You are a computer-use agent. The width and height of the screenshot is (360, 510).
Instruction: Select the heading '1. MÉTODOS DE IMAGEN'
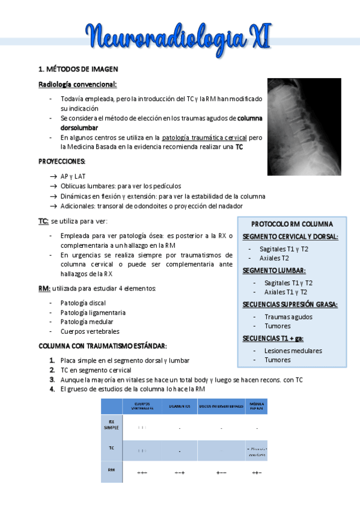click(x=78, y=69)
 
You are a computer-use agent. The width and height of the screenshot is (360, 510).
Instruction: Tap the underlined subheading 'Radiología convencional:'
click(x=78, y=84)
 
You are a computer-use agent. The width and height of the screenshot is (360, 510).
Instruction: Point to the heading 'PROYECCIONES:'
click(x=62, y=161)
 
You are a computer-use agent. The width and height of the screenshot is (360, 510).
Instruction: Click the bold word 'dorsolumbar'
click(x=79, y=127)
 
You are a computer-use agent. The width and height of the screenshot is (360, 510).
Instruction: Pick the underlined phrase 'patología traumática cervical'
click(x=204, y=137)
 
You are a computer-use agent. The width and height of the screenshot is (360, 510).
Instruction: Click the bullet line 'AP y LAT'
click(x=73, y=176)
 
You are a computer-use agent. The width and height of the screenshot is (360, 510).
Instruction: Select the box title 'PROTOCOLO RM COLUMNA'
click(x=292, y=224)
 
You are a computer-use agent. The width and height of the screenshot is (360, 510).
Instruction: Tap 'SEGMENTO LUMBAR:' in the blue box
click(x=274, y=271)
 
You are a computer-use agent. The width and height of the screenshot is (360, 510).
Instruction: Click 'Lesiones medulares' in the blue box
click(x=293, y=351)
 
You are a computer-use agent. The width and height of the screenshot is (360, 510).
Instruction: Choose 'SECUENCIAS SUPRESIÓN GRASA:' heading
click(x=290, y=304)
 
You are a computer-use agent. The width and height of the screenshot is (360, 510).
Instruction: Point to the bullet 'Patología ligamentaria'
click(x=93, y=313)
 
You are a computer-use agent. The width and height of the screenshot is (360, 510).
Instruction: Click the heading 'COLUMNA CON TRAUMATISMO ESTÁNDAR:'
click(x=103, y=346)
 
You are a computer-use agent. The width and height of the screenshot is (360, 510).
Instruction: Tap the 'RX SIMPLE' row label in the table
click(x=111, y=425)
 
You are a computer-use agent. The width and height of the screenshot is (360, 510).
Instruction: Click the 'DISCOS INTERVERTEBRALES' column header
click(x=221, y=407)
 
